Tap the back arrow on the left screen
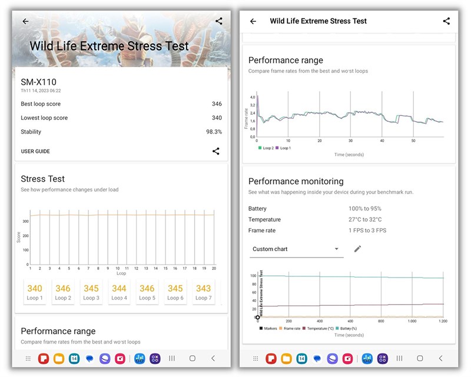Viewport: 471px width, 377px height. tap(25, 21)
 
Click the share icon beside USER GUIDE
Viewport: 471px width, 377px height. tap(216, 151)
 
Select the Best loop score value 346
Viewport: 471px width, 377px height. tap(217, 104)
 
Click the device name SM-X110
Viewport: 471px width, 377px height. tap(39, 82)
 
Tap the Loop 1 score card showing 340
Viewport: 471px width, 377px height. tap(35, 292)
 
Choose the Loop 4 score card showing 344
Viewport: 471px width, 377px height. tap(119, 292)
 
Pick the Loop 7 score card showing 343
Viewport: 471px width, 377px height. tap(203, 292)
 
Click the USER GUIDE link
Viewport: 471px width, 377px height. tap(35, 151)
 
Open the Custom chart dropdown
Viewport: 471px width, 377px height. tap(296, 249)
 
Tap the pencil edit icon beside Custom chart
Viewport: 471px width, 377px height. tap(357, 249)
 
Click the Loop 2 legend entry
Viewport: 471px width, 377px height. tap(267, 148)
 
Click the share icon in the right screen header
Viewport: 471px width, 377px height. tap(446, 21)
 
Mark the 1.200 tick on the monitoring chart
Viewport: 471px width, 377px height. tap(443, 321)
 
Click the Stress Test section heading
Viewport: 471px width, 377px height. tap(42, 179)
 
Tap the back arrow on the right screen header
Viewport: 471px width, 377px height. tap(253, 21)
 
